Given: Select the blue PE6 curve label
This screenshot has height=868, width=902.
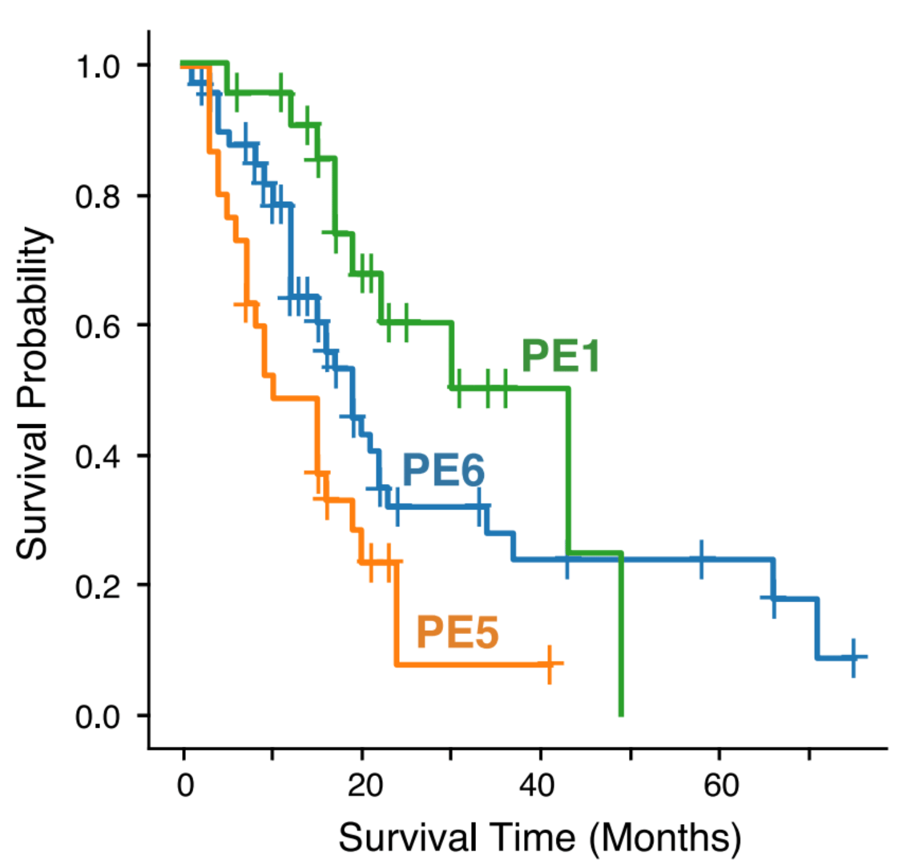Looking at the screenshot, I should pos(443,470).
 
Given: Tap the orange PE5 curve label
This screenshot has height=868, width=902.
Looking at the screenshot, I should pos(457,632).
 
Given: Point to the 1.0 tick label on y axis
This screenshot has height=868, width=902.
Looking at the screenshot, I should pos(98,66).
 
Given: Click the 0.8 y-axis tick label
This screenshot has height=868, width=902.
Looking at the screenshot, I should pos(98,196).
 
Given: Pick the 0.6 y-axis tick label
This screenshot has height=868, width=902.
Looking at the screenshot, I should pos(98,326).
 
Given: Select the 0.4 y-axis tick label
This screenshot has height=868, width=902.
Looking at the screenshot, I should pos(98,457).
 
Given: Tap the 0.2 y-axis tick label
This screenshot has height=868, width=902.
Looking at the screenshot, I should pos(98,586).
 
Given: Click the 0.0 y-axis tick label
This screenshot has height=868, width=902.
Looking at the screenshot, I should pos(98,717).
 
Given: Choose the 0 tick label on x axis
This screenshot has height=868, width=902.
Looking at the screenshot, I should pos(185,785).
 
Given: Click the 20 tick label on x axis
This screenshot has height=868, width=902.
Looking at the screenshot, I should pos(364,785).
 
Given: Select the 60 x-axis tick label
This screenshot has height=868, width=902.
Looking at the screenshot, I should pos(720,785).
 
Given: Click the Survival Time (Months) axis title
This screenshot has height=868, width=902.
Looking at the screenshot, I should pos(539,838).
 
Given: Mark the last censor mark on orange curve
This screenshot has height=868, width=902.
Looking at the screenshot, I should pos(550,664).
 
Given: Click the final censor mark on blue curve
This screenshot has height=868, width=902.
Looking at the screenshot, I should pos(853,658).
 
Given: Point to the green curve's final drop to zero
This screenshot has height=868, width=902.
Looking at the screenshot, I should pos(621,634).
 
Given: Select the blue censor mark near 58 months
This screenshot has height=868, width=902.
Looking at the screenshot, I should pos(701,559).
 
